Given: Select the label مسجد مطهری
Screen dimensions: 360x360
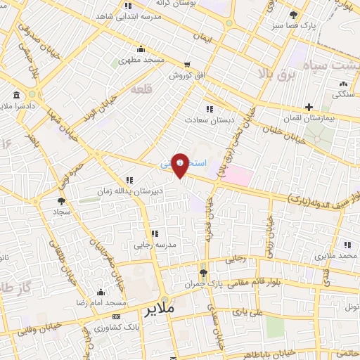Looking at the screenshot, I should (143, 60).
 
